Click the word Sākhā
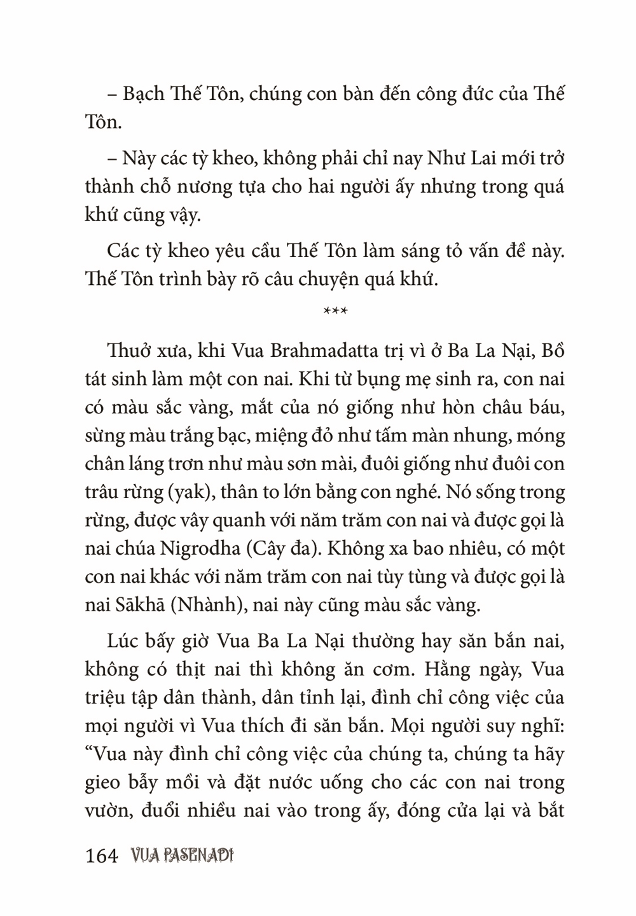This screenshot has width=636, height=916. [x=139, y=604]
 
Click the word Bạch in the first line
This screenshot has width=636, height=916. [x=142, y=94]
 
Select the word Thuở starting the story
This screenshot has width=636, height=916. [x=128, y=352]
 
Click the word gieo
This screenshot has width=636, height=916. [x=102, y=782]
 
